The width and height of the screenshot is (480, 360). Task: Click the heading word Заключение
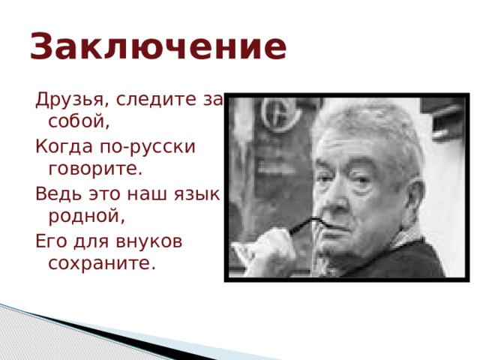(158, 47)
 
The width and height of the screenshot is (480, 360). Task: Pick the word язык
(199, 193)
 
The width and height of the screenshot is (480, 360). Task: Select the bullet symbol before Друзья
(28, 100)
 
